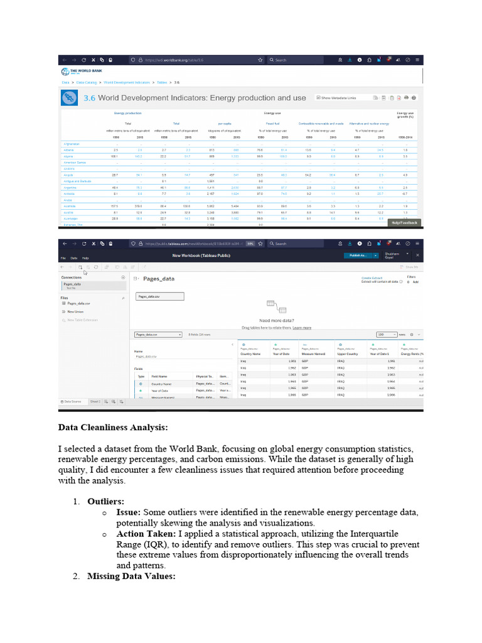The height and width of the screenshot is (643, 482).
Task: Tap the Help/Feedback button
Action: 404,222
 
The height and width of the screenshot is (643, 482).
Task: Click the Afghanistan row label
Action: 72,144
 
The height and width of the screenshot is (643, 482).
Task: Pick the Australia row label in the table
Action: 70,206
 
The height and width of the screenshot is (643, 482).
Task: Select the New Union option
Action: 75,311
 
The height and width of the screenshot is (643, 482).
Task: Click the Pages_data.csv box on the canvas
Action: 159,296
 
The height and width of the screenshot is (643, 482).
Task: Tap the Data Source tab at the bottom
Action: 72,401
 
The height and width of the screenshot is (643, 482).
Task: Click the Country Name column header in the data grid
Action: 250,354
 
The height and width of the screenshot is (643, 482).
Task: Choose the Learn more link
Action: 302,327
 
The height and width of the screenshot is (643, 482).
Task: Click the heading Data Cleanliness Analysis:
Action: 113,428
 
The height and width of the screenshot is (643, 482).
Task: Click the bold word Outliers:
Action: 105,502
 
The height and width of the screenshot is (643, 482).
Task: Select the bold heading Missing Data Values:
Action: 131,576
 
